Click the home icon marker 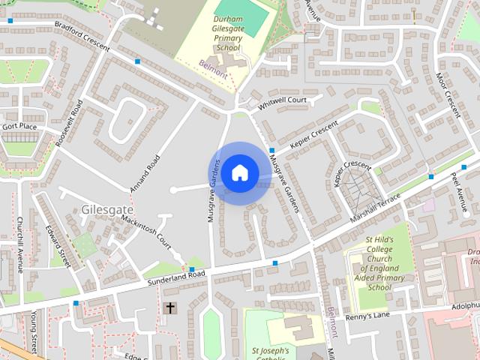239,173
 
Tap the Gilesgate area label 105,209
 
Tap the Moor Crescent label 448,95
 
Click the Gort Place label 19,126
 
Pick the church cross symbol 170,308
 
